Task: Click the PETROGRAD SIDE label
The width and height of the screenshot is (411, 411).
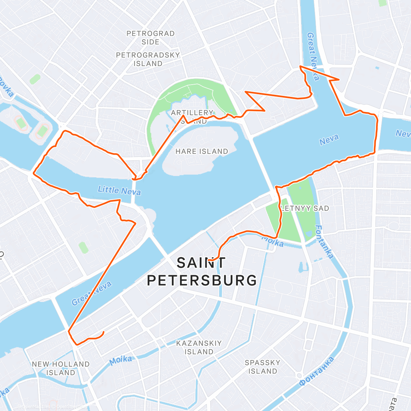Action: coord(150,38)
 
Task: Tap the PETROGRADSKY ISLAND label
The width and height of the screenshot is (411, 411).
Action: coord(148,59)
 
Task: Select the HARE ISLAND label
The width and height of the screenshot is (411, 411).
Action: coord(202,151)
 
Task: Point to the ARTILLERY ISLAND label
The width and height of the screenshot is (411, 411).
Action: coord(192,116)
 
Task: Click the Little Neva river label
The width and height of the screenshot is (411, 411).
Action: coord(119,190)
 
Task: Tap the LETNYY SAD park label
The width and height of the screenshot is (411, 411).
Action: coord(304,208)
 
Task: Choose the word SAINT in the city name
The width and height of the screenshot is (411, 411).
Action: coord(201,263)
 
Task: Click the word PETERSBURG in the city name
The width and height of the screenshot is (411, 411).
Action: coord(202,281)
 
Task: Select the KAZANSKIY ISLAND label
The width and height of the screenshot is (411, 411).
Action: coord(199,347)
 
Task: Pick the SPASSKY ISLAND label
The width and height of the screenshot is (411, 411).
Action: coord(262,367)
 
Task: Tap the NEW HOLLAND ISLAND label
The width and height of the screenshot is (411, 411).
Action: coord(61,368)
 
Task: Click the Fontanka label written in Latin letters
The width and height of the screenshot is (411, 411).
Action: coord(324,241)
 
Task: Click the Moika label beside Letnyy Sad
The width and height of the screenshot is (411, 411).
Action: coord(273,241)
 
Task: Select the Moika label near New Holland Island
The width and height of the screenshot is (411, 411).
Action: coord(121,360)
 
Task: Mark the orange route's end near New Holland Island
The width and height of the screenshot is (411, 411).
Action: coord(103,332)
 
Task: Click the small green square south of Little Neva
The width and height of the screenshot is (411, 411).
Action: coord(83,247)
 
